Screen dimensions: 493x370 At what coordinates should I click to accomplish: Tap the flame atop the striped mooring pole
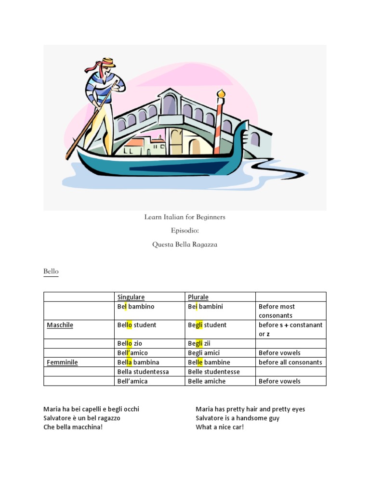click(221, 93)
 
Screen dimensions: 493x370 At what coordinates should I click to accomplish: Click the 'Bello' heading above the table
click(51, 272)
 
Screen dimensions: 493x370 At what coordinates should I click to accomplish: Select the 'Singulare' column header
click(131, 297)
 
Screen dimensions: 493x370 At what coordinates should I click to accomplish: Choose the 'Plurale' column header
click(198, 297)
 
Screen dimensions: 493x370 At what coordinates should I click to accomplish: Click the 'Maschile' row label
click(60, 325)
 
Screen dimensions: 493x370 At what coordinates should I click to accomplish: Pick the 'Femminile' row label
click(62, 362)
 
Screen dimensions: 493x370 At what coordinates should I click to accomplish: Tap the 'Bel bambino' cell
click(136, 306)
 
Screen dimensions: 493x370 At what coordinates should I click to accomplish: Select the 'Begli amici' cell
click(203, 353)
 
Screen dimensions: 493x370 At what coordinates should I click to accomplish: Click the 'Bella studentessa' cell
click(143, 372)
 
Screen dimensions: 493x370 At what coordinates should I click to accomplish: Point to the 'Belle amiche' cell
click(206, 381)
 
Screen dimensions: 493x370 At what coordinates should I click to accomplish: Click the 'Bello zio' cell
click(130, 343)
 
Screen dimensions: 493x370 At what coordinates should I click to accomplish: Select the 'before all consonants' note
click(290, 362)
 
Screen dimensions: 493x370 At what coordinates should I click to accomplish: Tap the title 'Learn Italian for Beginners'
click(185, 217)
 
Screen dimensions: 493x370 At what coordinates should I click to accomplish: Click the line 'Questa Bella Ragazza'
click(185, 244)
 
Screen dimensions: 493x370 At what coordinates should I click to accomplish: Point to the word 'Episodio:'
click(185, 231)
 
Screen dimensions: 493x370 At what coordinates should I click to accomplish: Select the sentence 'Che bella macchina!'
click(73, 427)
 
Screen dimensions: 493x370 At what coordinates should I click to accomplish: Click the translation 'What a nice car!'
click(220, 427)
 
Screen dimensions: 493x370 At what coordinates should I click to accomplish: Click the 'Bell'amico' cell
click(132, 353)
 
